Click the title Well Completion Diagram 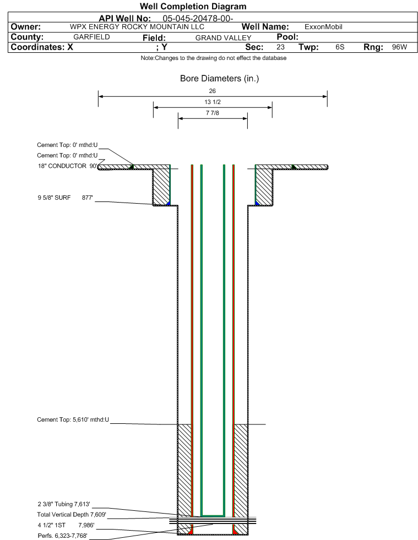(x=193, y=6)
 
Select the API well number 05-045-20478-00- (x=198, y=19)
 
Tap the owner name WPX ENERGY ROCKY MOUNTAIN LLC (x=137, y=27)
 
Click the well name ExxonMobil (x=323, y=27)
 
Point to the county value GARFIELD (x=91, y=37)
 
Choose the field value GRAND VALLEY (x=223, y=38)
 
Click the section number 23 (x=280, y=47)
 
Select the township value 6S (x=340, y=47)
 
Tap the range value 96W (x=399, y=47)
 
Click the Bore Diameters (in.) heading (x=220, y=79)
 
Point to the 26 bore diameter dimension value (x=212, y=91)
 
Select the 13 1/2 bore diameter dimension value (x=212, y=102)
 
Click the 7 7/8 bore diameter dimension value (x=212, y=113)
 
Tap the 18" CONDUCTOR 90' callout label (x=68, y=166)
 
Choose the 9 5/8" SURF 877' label (x=65, y=198)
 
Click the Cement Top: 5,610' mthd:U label (x=73, y=419)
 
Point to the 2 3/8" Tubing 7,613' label (x=64, y=504)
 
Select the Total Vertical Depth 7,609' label (x=72, y=515)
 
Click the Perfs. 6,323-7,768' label (x=62, y=536)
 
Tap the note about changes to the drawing (x=213, y=58)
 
